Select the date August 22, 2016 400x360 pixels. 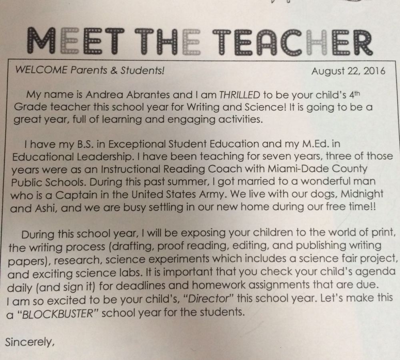[x=348, y=72]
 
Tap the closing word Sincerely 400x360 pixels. [x=28, y=343]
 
